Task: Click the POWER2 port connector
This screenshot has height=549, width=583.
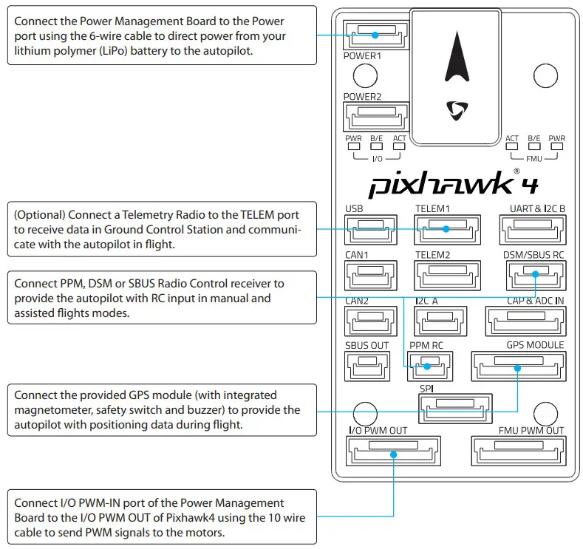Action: click(375, 116)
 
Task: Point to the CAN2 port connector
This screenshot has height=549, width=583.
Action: click(364, 319)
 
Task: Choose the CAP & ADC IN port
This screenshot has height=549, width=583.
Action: click(525, 319)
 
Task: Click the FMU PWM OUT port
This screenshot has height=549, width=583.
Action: click(518, 449)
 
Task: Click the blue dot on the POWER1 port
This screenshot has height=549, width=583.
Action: click(375, 34)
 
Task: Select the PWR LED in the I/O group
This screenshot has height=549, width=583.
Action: click(353, 146)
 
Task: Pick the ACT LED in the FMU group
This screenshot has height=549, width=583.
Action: click(512, 146)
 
